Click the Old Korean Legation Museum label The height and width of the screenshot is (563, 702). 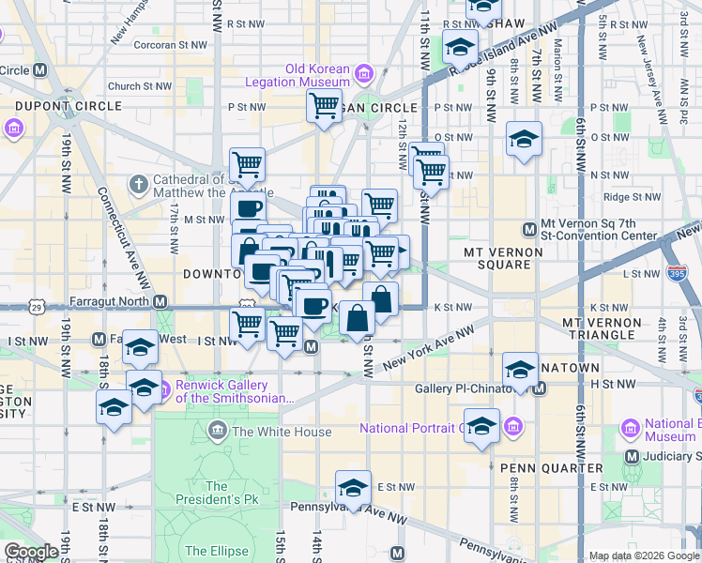(318, 75)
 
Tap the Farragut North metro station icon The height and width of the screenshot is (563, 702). (160, 302)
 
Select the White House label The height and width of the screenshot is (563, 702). (282, 432)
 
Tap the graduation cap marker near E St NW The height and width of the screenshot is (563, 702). (353, 488)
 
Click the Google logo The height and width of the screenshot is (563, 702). (32, 551)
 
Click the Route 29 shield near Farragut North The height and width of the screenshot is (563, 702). (35, 305)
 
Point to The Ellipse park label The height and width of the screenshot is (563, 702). (217, 551)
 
